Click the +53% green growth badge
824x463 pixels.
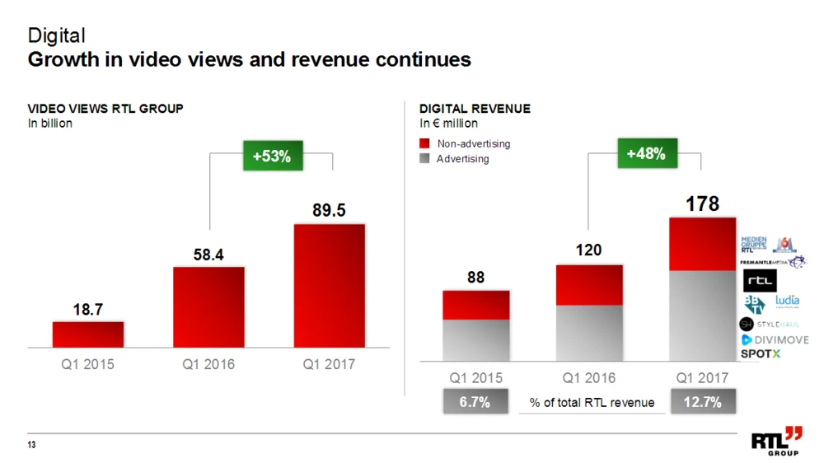click(x=271, y=156)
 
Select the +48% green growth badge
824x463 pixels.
click(x=645, y=154)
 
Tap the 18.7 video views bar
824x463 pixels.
click(x=88, y=334)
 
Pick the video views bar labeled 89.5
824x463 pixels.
click(x=329, y=285)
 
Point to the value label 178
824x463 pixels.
click(x=704, y=203)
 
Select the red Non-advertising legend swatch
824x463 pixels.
click(x=425, y=143)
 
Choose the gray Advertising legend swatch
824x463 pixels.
click(x=425, y=158)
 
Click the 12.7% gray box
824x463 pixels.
click(x=702, y=402)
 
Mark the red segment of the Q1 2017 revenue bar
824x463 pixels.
click(x=702, y=244)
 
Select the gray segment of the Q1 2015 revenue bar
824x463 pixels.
click(x=475, y=340)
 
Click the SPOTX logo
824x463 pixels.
click(x=760, y=353)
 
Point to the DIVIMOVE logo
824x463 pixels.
click(x=774, y=339)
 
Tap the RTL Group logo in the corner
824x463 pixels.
click(x=775, y=442)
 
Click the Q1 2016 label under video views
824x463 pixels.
click(x=208, y=364)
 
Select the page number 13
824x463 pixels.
click(x=32, y=446)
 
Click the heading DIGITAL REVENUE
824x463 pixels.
click(x=475, y=109)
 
